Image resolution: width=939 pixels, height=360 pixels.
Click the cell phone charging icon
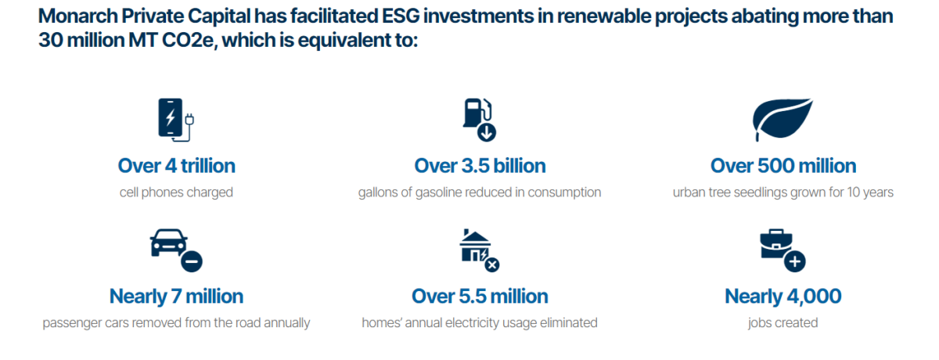tap(175, 121)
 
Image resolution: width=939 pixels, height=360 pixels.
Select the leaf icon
tap(782, 118)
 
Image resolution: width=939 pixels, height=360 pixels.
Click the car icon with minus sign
tap(175, 250)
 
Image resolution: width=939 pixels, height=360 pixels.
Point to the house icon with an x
tap(479, 250)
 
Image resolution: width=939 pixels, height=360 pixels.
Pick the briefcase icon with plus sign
tap(782, 250)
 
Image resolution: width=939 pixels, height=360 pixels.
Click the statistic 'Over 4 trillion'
tap(176, 166)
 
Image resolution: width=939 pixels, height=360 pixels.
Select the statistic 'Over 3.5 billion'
tap(480, 166)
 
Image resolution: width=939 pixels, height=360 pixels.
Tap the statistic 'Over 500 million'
tap(783, 166)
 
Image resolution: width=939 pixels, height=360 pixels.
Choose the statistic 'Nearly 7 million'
tap(176, 297)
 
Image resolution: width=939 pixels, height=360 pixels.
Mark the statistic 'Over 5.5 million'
tap(480, 297)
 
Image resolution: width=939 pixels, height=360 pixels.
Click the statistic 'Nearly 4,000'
tap(783, 297)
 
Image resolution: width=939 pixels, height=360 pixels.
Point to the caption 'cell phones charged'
tap(176, 193)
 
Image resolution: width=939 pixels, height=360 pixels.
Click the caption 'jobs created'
tap(783, 322)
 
